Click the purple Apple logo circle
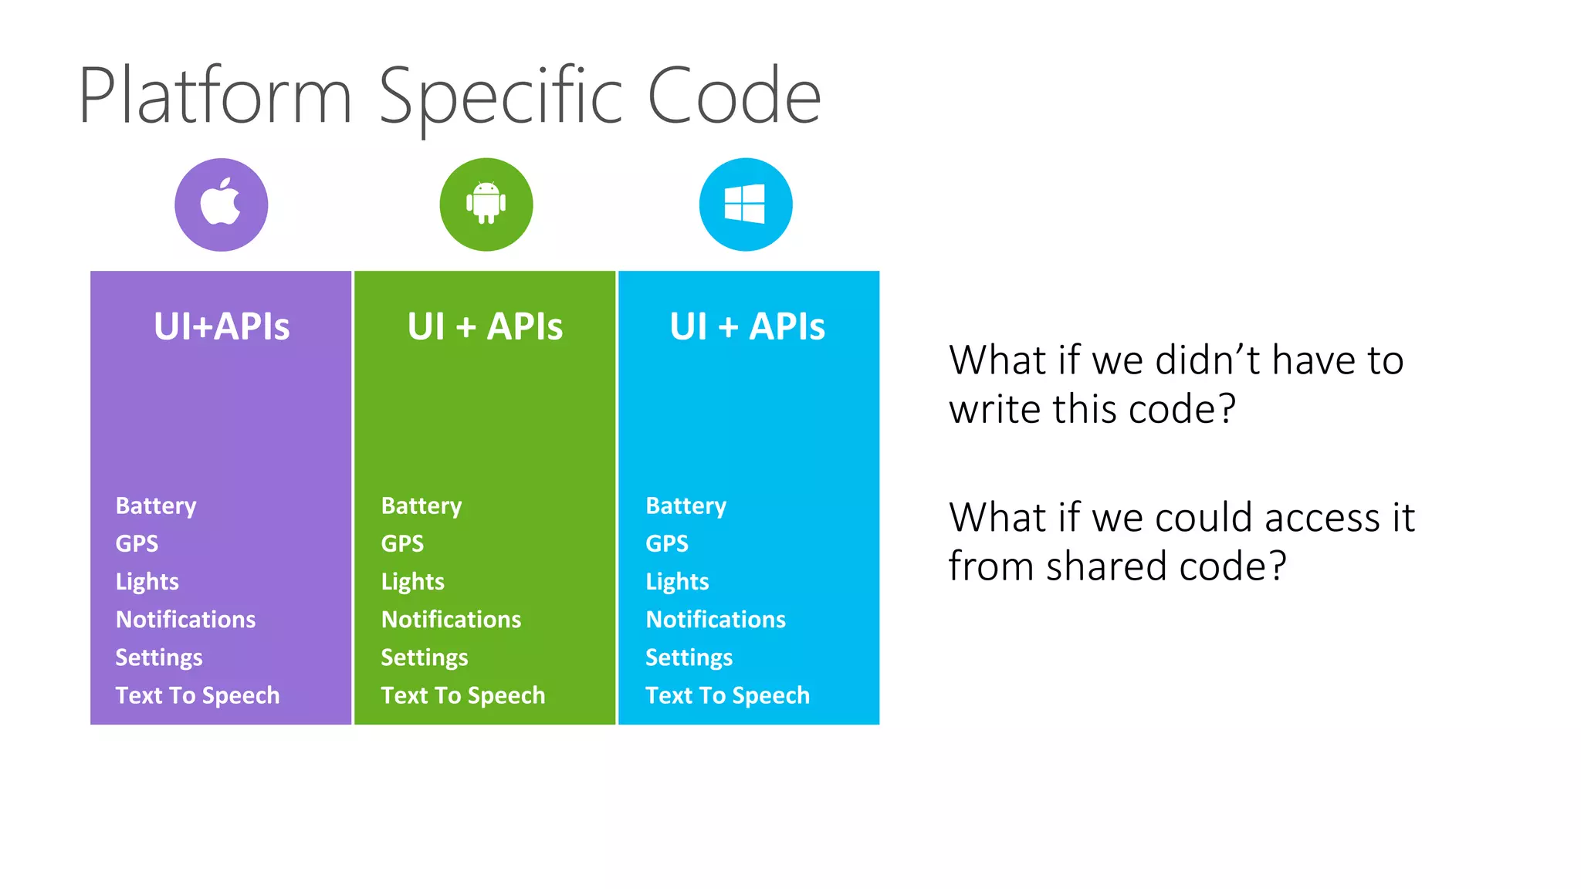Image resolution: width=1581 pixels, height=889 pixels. (x=222, y=205)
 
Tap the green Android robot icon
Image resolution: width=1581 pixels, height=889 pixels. (x=486, y=204)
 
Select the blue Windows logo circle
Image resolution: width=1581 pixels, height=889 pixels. (x=746, y=205)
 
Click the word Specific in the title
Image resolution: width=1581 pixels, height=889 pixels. (x=500, y=97)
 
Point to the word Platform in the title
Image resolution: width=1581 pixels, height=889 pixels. (x=215, y=97)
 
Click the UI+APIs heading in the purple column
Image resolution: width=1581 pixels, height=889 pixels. (x=222, y=326)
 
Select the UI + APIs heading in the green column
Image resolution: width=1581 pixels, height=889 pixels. (x=485, y=326)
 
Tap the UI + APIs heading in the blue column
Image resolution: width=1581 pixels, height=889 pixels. (x=747, y=326)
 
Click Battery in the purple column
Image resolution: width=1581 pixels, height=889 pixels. (x=156, y=506)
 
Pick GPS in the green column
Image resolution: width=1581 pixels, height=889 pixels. (x=402, y=544)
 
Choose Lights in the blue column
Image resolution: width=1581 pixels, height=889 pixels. (x=677, y=582)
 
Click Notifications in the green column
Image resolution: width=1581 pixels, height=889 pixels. (x=451, y=620)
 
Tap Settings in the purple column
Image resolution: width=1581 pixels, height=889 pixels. (x=159, y=657)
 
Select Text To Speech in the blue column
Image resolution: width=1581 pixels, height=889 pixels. (x=727, y=695)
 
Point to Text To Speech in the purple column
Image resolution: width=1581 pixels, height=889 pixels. (x=198, y=695)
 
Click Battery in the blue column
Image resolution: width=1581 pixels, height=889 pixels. (x=686, y=506)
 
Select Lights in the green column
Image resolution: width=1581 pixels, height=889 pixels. (x=412, y=582)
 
